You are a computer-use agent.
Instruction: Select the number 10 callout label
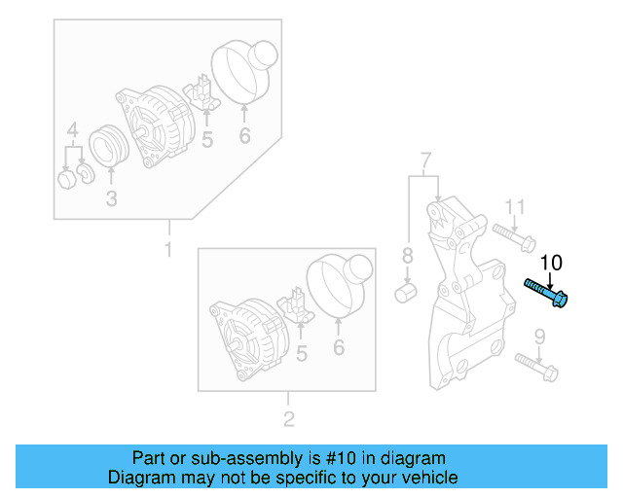[551, 262]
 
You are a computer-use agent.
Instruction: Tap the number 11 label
[515, 206]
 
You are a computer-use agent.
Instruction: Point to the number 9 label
[539, 338]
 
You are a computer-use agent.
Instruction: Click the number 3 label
[111, 199]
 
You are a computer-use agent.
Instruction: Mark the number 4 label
[71, 130]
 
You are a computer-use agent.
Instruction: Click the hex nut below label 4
[66, 179]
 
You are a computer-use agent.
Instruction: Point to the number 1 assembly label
[167, 250]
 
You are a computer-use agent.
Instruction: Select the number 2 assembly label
[288, 420]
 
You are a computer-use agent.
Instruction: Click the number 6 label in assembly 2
[339, 347]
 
